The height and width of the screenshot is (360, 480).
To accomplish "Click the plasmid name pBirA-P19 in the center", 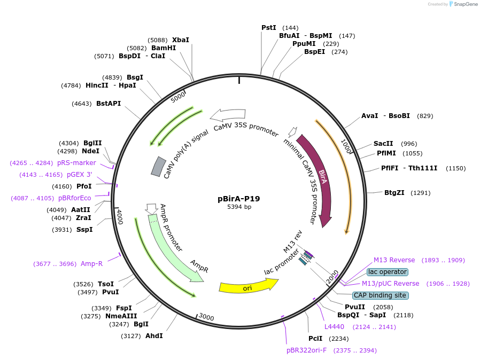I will pyautogui.click(x=238, y=199).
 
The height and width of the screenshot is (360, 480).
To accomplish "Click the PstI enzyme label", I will pyautogui.click(x=269, y=27).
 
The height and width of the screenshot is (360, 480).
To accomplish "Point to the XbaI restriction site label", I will pyautogui.click(x=180, y=40).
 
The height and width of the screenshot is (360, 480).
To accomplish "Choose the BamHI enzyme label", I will pyautogui.click(x=164, y=48).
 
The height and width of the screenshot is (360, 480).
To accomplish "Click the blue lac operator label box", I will pyautogui.click(x=388, y=272).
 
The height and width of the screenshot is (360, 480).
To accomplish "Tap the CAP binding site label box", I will pyautogui.click(x=381, y=295).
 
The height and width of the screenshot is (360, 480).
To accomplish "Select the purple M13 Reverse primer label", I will pyautogui.click(x=394, y=260).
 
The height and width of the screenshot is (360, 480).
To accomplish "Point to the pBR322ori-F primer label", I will pyautogui.click(x=306, y=350).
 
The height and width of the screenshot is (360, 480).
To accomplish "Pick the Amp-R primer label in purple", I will pyautogui.click(x=91, y=263).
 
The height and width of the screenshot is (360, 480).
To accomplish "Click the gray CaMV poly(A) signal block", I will pyautogui.click(x=158, y=166).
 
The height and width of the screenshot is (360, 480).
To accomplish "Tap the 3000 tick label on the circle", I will pyautogui.click(x=206, y=317).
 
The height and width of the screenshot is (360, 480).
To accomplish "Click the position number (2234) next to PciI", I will pyautogui.click(x=338, y=339).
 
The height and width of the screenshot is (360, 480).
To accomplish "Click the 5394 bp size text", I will pyautogui.click(x=239, y=207).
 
